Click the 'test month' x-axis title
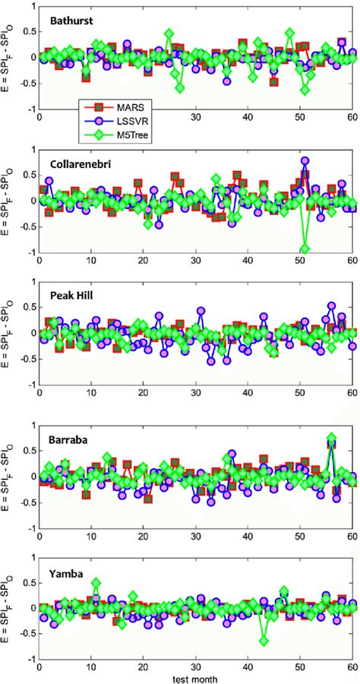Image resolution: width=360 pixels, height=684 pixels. [x=197, y=675]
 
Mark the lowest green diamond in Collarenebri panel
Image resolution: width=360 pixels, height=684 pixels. [x=305, y=249]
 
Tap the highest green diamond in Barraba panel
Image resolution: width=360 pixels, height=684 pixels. [x=331, y=438]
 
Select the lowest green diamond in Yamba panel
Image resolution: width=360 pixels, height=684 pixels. [x=264, y=641]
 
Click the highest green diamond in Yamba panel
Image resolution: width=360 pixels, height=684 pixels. [x=96, y=583]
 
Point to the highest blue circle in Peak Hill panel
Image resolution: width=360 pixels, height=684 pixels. [x=331, y=306]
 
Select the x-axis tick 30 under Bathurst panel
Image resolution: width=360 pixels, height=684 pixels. [x=196, y=118]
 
